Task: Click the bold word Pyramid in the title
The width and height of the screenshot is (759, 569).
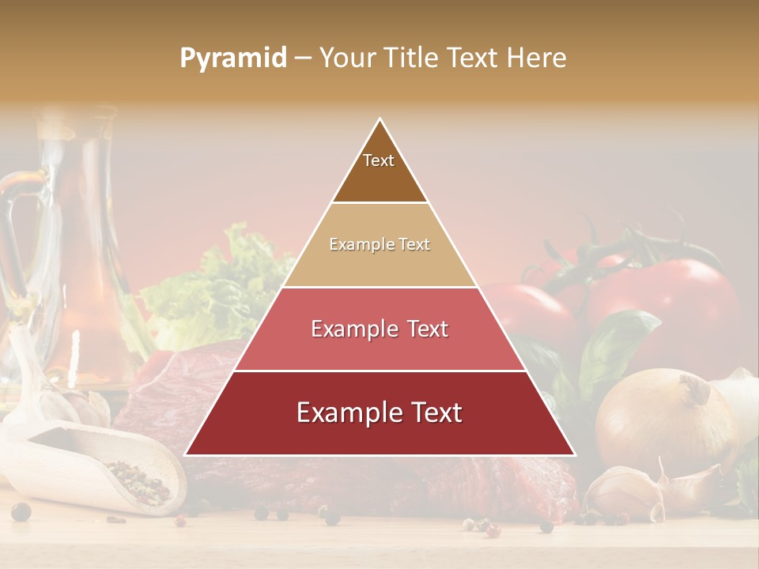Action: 232,58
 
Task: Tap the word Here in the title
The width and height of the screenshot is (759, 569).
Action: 537,58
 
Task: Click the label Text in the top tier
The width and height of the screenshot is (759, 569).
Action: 379,160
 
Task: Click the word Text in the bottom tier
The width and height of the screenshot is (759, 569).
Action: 431,413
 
